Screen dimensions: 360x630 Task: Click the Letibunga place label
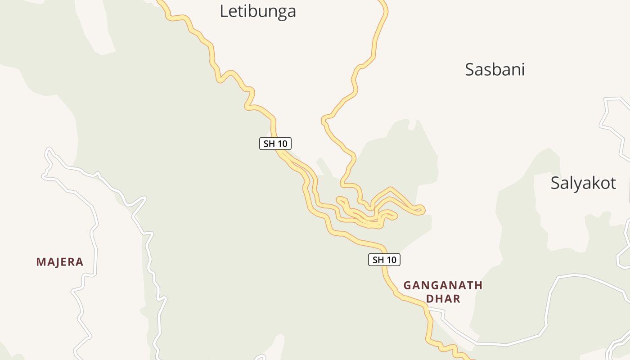click(x=257, y=11)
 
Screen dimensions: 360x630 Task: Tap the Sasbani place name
click(x=495, y=70)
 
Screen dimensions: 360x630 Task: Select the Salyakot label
click(x=583, y=183)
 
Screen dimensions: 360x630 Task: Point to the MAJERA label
click(x=60, y=262)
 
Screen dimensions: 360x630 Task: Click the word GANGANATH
click(x=443, y=285)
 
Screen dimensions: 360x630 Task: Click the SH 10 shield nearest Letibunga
click(x=275, y=144)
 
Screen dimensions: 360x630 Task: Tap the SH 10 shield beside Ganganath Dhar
click(x=384, y=260)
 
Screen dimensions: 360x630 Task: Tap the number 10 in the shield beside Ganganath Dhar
click(x=391, y=260)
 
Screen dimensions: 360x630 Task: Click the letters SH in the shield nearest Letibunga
click(x=269, y=144)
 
